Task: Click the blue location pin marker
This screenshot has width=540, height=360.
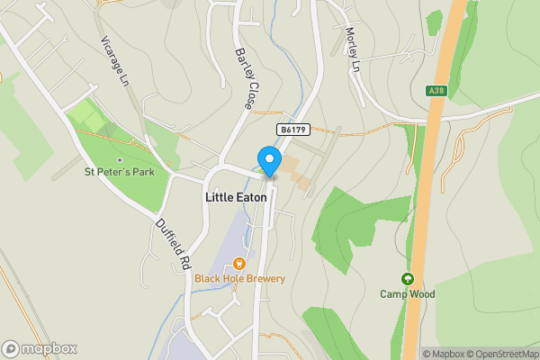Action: pyautogui.click(x=268, y=160)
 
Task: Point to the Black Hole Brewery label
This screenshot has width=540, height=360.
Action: pyautogui.click(x=239, y=279)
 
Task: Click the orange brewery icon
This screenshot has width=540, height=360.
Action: pyautogui.click(x=239, y=264)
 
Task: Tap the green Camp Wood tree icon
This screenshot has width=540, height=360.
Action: pyautogui.click(x=407, y=279)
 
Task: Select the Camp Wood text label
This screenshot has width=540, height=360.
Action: pyautogui.click(x=407, y=294)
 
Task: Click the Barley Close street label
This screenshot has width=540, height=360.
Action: pyautogui.click(x=242, y=79)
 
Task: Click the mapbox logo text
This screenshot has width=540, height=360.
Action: pyautogui.click(x=49, y=348)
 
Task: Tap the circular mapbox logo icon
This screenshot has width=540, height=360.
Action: pyautogui.click(x=11, y=348)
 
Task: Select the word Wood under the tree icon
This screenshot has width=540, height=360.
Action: pyautogui.click(x=421, y=294)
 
